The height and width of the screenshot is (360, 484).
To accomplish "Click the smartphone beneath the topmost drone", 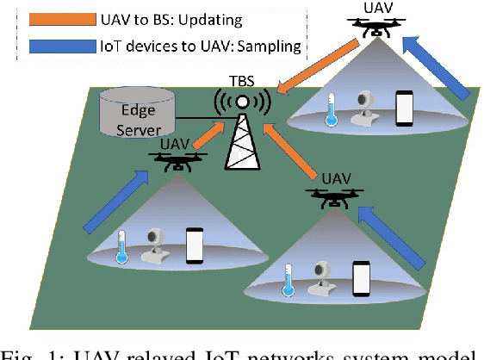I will [x=405, y=109].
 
